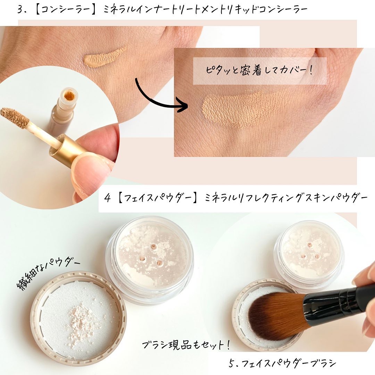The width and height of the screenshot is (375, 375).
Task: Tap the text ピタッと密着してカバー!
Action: point(259,70)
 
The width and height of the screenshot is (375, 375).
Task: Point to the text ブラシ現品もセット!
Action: point(186,345)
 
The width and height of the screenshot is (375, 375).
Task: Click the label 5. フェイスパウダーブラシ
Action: point(282,363)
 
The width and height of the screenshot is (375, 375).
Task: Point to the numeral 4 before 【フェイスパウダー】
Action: point(108,199)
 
